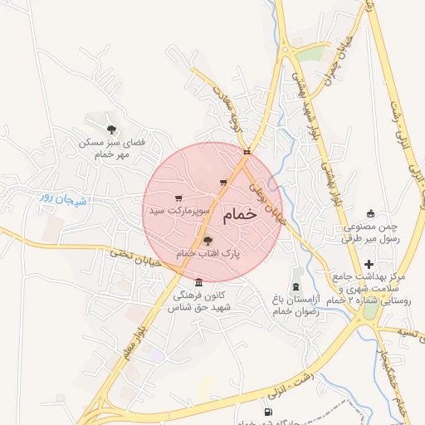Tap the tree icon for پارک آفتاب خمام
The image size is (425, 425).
(207, 241)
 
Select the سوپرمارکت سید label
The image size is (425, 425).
(177, 212)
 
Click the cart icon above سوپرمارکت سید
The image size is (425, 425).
(178, 198)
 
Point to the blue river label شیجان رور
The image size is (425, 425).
(58, 198)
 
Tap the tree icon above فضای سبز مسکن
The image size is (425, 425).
(111, 129)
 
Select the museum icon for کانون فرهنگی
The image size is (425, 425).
(198, 282)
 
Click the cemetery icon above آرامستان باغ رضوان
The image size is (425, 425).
(296, 274)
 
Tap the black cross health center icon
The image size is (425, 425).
(369, 264)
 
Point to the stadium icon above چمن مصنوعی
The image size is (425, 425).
(370, 212)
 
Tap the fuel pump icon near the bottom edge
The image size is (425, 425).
(267, 412)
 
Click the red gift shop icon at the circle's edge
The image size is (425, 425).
(247, 152)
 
